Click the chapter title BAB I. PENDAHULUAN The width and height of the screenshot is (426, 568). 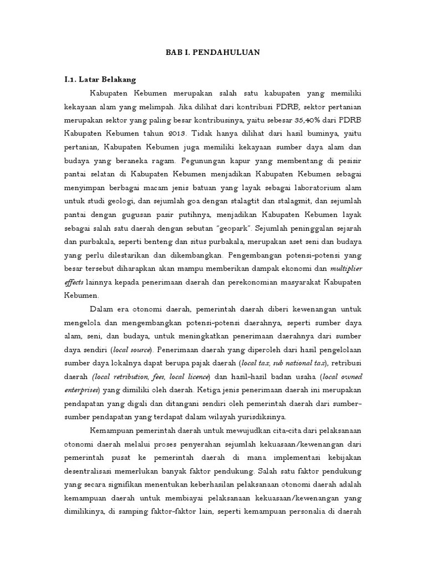pos(213,53)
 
